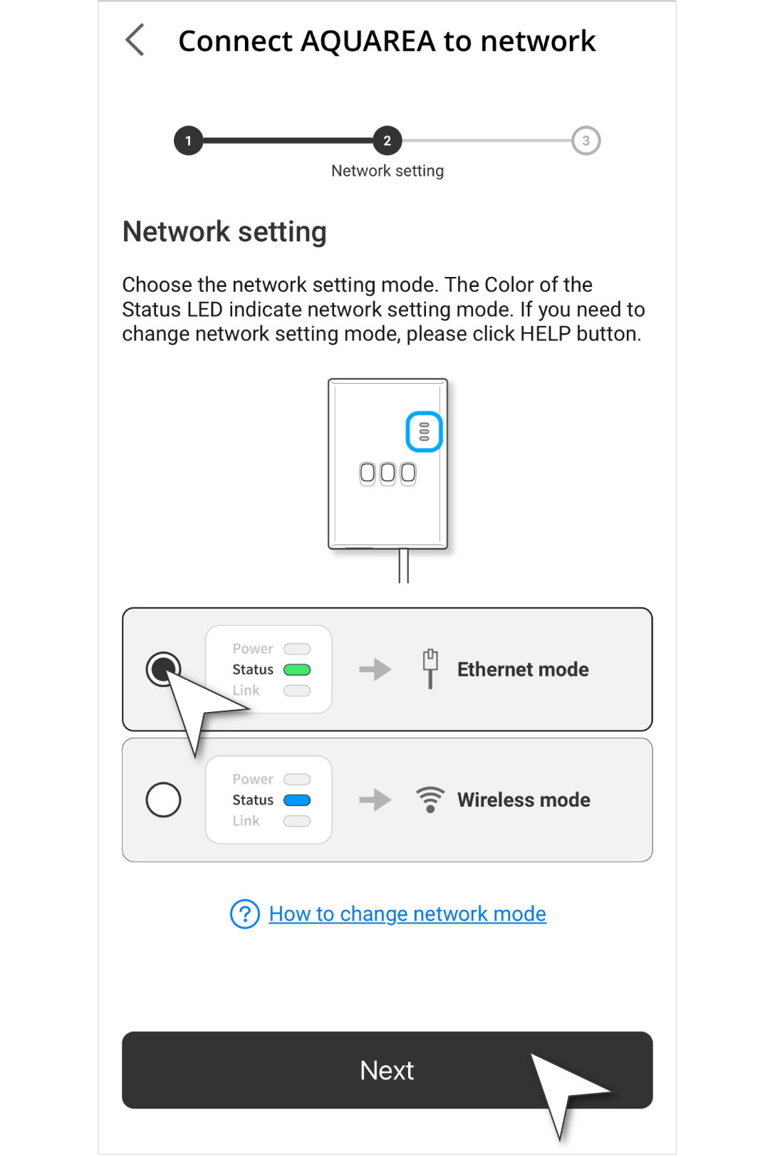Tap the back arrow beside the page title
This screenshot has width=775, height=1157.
coord(135,40)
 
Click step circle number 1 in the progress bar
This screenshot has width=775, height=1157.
coord(188,140)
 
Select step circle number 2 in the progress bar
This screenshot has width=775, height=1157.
coord(387,140)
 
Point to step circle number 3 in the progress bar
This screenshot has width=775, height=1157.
coord(586,140)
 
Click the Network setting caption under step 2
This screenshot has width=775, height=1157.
coord(387,171)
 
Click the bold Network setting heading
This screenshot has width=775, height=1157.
coord(224,231)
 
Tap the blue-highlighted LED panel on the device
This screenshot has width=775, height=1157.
coord(424,431)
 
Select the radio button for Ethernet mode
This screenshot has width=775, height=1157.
coord(163,669)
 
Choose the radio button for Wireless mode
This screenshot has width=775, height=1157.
coord(163,800)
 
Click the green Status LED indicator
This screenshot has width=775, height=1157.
coord(297,670)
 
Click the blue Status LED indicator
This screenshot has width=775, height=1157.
coord(297,800)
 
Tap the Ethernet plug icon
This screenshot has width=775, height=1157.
coord(430,669)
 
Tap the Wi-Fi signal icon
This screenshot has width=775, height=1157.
coord(430,800)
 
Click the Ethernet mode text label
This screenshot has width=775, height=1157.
coord(523,669)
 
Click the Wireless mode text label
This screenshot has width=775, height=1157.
coord(524,800)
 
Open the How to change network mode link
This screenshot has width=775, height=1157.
coord(407,913)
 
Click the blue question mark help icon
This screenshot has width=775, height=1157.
coord(245,913)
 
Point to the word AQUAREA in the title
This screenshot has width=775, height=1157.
coord(368,41)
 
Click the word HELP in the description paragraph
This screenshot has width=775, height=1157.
coord(545,334)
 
